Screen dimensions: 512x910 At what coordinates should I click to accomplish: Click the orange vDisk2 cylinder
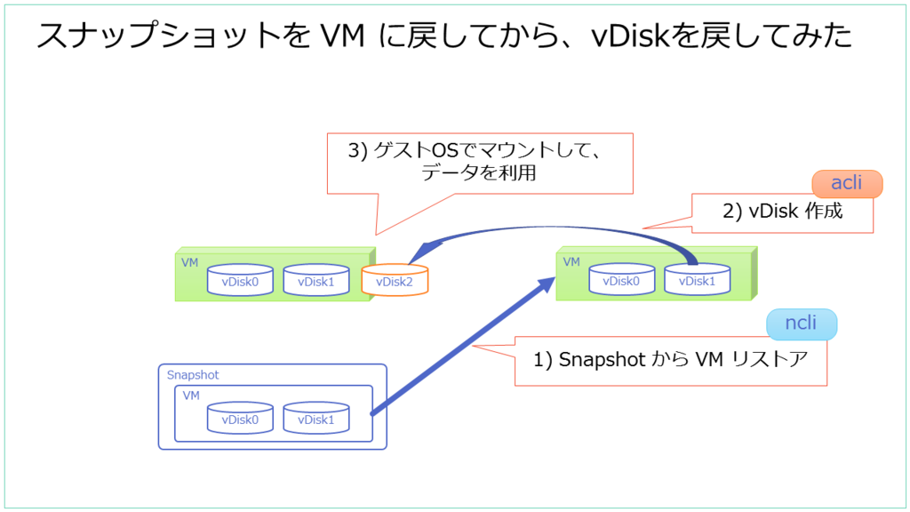[395, 281]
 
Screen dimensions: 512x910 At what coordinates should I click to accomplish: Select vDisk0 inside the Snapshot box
[240, 419]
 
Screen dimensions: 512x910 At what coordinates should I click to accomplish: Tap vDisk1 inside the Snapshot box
[315, 419]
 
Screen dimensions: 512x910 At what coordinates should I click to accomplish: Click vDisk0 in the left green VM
[240, 281]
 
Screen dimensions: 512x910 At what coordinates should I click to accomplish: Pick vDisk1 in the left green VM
[315, 281]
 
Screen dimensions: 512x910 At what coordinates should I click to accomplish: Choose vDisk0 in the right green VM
[621, 281]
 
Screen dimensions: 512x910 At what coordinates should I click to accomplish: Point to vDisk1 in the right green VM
[697, 281]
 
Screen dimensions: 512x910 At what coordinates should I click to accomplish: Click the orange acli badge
[847, 184]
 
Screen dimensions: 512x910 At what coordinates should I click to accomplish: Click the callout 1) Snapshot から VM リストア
[671, 362]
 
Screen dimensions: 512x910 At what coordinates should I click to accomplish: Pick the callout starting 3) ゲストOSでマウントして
[480, 163]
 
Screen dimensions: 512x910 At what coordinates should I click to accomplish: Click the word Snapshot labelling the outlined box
[193, 375]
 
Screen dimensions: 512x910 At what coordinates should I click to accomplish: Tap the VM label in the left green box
[189, 263]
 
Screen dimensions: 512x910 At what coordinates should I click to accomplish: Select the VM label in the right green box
[571, 262]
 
